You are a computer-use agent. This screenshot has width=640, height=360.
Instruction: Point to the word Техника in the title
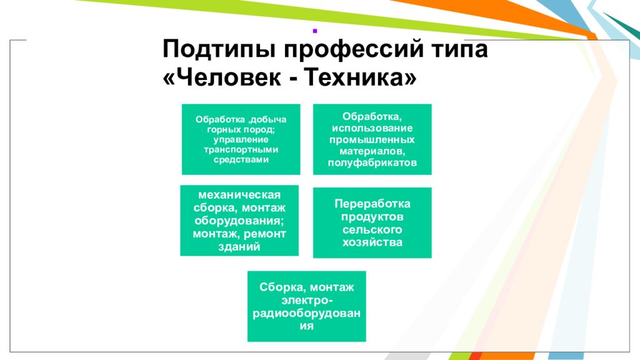click(x=355, y=76)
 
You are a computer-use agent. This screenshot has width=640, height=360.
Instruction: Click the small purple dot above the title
click(x=315, y=31)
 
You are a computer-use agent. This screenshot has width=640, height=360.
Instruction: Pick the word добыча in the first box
click(x=267, y=119)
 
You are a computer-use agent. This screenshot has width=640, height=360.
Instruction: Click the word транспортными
click(x=241, y=149)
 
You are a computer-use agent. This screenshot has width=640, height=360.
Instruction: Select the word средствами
click(x=241, y=159)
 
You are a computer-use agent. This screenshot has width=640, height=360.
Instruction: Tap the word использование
click(x=372, y=128)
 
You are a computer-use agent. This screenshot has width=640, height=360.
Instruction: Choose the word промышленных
click(x=372, y=139)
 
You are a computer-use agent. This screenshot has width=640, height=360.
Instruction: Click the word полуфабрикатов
click(x=372, y=163)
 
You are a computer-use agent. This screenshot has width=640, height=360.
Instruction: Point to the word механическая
click(x=239, y=195)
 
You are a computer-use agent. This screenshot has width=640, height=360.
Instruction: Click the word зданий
click(x=239, y=247)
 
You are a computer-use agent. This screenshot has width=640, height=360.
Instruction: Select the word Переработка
click(x=372, y=204)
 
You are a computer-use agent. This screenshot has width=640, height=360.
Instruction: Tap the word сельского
click(x=372, y=229)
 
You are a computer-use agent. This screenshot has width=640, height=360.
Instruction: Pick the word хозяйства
click(x=372, y=242)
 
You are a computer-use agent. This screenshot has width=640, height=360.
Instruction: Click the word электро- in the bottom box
click(x=307, y=301)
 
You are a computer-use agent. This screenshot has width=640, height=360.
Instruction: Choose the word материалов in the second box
click(x=371, y=151)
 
